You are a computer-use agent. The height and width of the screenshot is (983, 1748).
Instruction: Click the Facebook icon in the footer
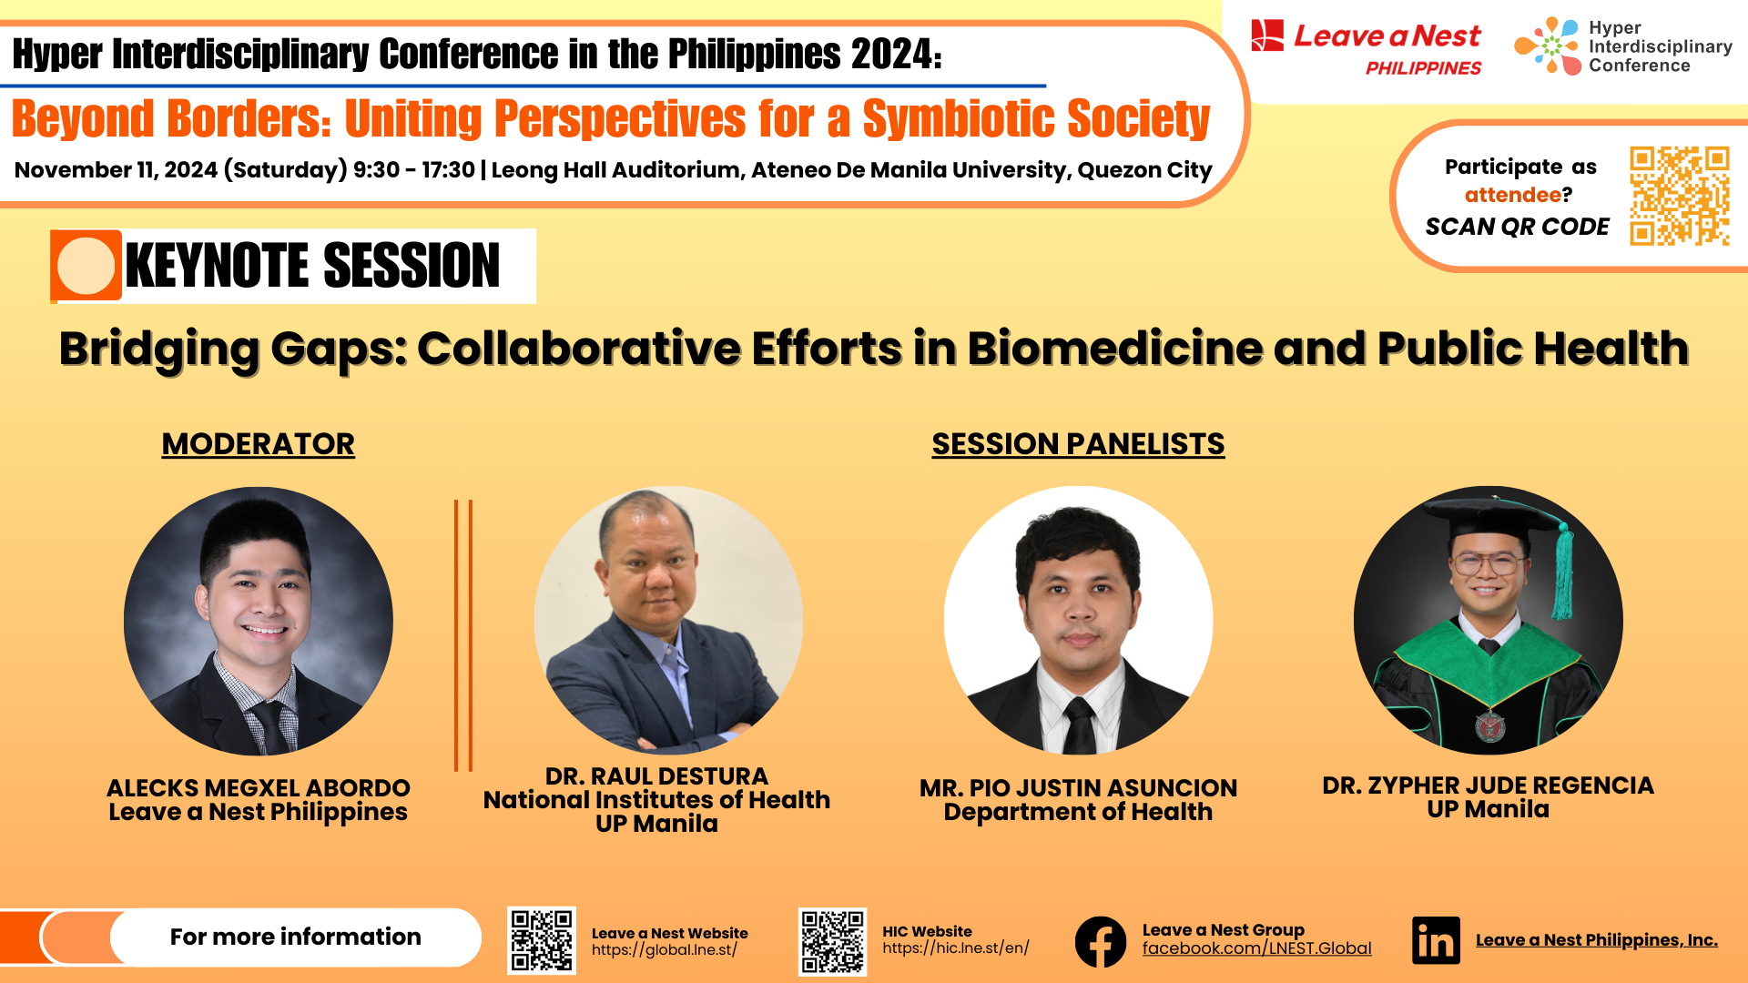pyautogui.click(x=1100, y=941)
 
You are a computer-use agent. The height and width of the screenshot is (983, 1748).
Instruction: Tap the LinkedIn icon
pyautogui.click(x=1436, y=940)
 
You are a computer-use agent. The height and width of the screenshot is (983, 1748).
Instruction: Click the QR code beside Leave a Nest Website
pyautogui.click(x=541, y=940)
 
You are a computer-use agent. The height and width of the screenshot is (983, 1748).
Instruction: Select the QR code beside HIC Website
pyautogui.click(x=832, y=941)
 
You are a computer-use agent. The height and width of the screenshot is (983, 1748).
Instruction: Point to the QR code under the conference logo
pyautogui.click(x=1679, y=196)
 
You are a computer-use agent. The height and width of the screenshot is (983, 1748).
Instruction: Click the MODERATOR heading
pyautogui.click(x=258, y=444)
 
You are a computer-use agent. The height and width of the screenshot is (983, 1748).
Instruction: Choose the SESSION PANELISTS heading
pyautogui.click(x=1078, y=444)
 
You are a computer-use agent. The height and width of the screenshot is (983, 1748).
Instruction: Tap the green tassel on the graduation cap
pyautogui.click(x=1564, y=573)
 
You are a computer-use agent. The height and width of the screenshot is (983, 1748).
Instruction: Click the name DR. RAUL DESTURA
pyautogui.click(x=656, y=776)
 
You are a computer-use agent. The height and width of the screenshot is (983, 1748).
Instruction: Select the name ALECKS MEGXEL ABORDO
pyautogui.click(x=258, y=788)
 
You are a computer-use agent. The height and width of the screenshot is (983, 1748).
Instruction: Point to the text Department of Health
pyautogui.click(x=1078, y=812)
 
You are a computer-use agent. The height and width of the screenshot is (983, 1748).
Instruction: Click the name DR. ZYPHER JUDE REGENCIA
pyautogui.click(x=1488, y=785)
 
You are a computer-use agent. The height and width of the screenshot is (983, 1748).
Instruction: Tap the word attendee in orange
pyautogui.click(x=1512, y=195)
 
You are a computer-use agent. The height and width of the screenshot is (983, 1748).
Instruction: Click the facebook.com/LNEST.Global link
pyautogui.click(x=1256, y=948)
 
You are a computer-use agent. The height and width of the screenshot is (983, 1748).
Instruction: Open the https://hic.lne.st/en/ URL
pyautogui.click(x=955, y=948)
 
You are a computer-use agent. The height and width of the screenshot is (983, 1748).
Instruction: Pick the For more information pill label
pyautogui.click(x=295, y=937)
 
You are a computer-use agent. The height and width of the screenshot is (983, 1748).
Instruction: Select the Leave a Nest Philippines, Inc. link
pyautogui.click(x=1596, y=940)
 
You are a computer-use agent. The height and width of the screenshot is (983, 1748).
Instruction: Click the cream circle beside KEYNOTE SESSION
pyautogui.click(x=86, y=266)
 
